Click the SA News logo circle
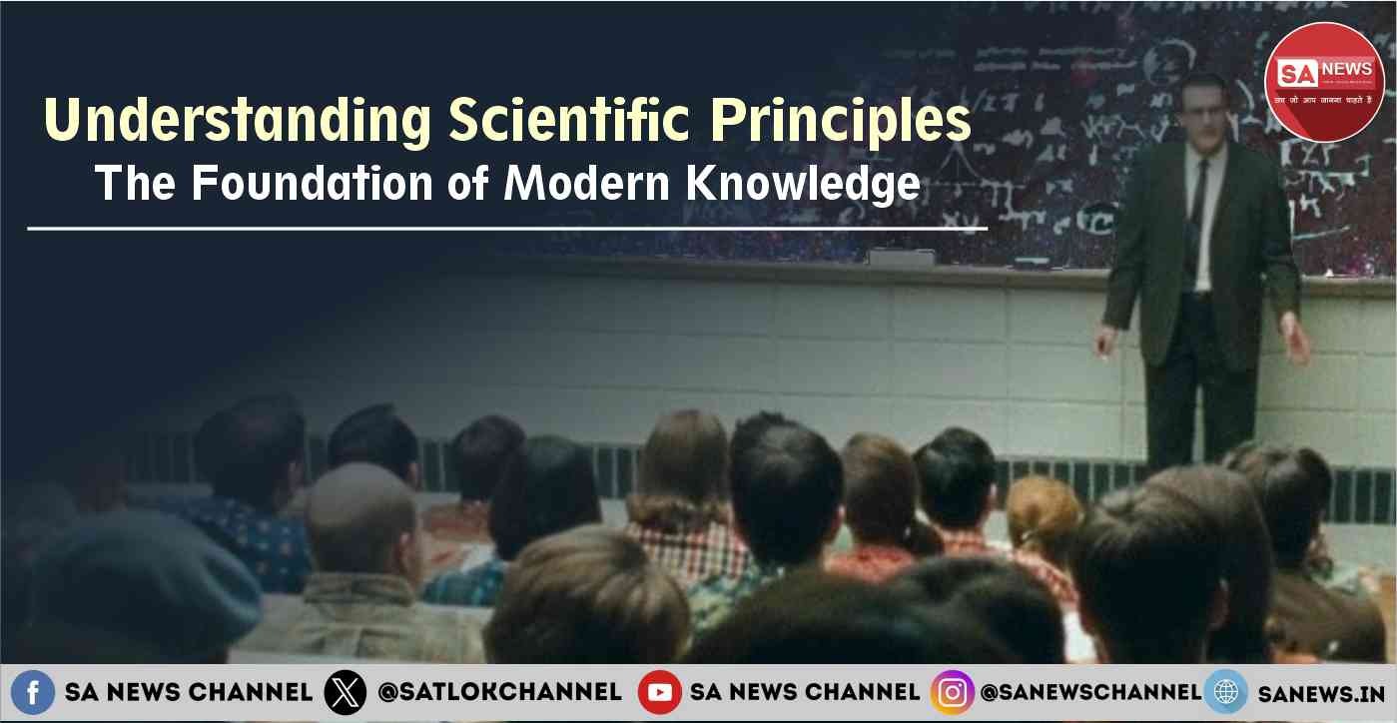[x=1324, y=81]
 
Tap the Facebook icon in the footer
[x=32, y=692]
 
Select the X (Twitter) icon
[x=346, y=692]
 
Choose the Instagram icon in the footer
[x=952, y=692]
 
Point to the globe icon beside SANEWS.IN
[x=1225, y=692]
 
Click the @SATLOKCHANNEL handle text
[x=499, y=692]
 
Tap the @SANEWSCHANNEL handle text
[x=1090, y=692]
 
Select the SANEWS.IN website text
[x=1320, y=692]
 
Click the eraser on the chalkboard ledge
[x=901, y=258]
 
